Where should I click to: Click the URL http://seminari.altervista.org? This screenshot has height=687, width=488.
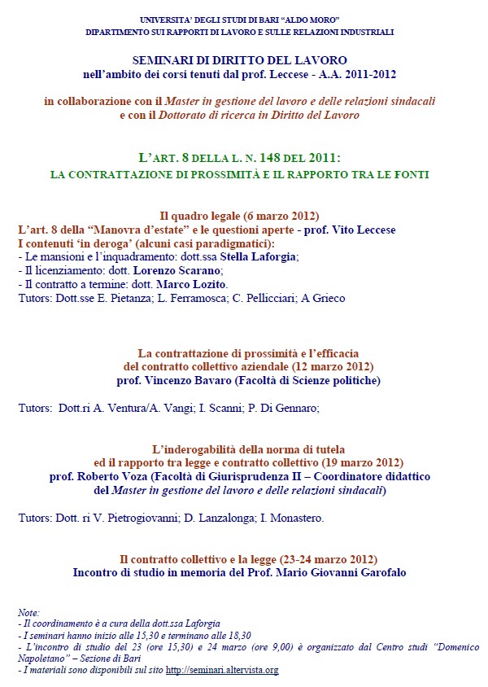(222, 670)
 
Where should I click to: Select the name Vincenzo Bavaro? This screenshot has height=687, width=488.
(190, 379)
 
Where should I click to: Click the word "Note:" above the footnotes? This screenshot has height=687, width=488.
(28, 613)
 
